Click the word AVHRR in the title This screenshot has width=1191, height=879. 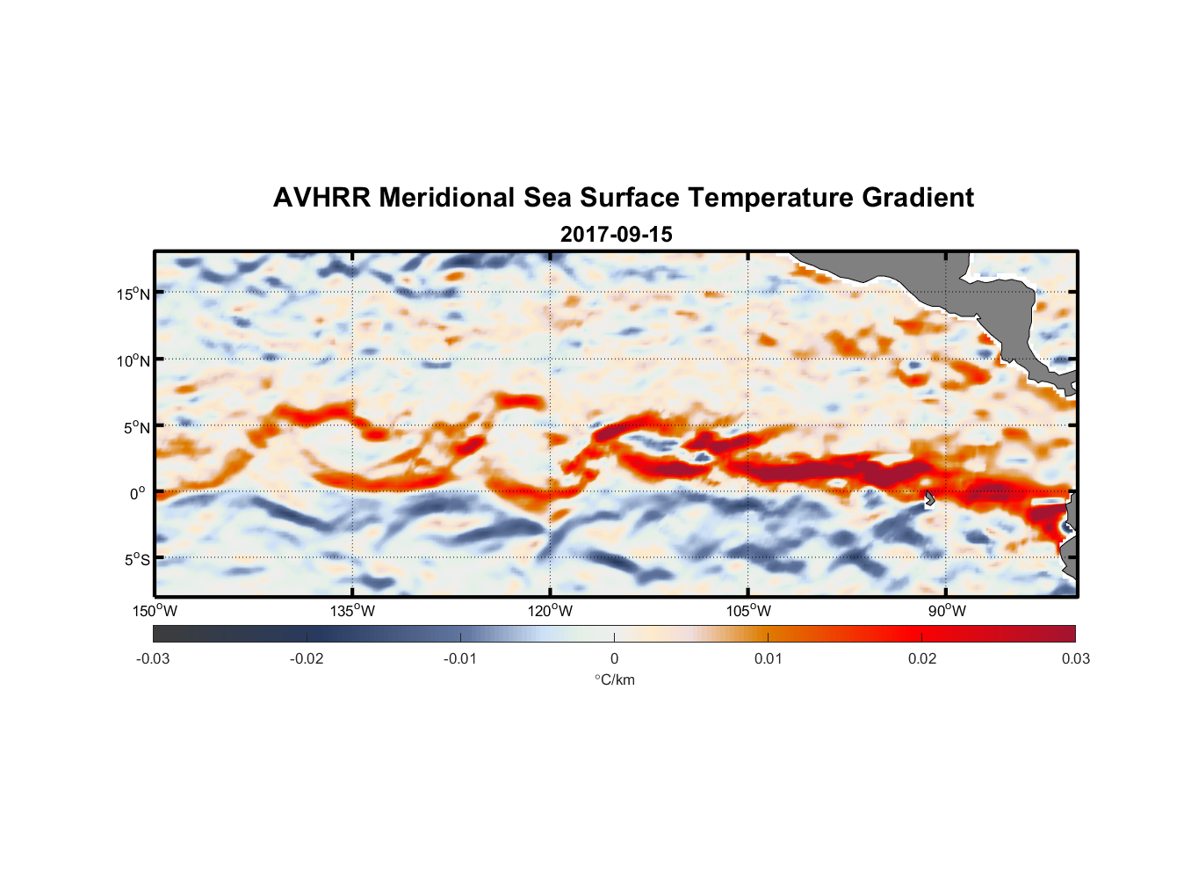point(321,198)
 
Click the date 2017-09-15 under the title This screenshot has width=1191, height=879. point(616,235)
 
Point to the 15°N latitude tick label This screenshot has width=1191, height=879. point(134,294)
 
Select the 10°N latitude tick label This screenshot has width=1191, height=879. point(134,360)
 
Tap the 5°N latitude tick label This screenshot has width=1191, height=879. point(136,427)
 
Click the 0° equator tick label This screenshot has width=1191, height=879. point(138,493)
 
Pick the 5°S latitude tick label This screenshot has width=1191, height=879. point(136,560)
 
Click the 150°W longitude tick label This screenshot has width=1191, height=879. point(155,611)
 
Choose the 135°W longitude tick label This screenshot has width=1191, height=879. point(353,611)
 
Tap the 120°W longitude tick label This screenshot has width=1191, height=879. point(551,611)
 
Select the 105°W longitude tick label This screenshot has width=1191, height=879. point(748,611)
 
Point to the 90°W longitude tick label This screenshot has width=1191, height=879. point(947,611)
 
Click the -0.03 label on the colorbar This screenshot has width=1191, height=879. point(153,658)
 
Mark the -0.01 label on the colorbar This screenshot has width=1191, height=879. point(460,658)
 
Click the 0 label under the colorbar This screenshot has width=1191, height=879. point(614,658)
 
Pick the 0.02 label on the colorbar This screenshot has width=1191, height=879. point(922,658)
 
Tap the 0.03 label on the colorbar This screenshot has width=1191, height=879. point(1075,658)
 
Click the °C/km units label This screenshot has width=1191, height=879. point(614,679)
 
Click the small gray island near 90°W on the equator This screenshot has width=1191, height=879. point(929,498)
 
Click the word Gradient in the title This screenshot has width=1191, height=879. point(918,198)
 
